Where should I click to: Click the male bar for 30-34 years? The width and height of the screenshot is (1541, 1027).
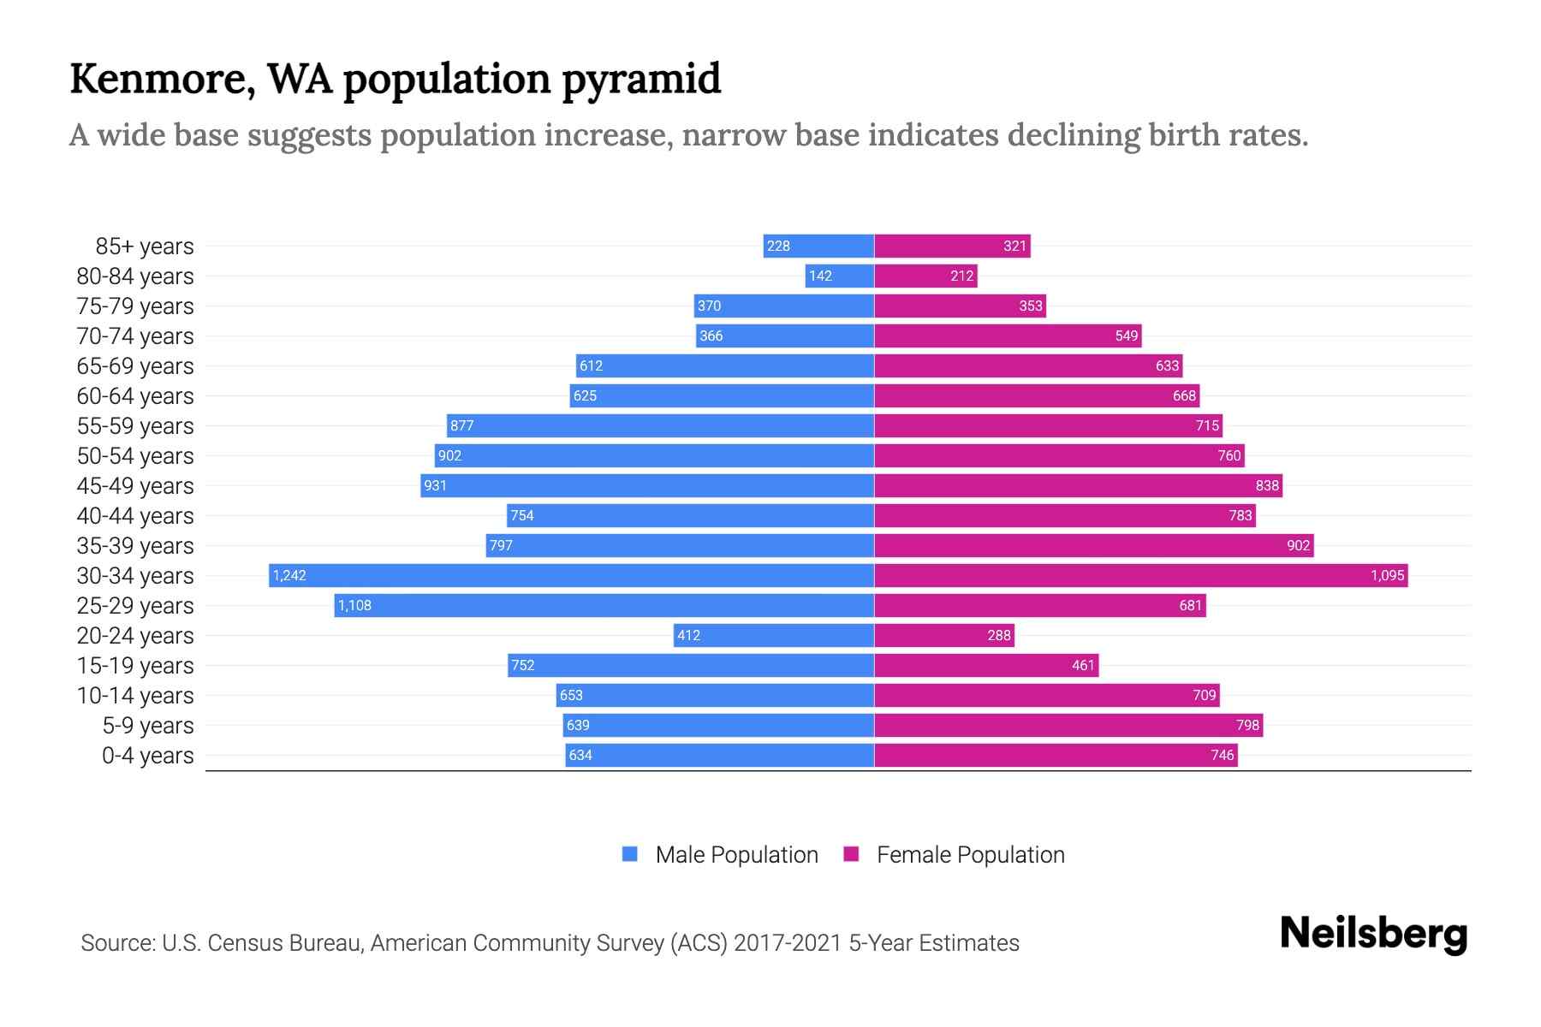571,575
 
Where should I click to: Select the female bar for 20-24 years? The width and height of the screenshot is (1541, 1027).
943,635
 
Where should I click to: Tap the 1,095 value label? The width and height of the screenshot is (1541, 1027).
1387,575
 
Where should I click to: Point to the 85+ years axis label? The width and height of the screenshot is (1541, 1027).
144,246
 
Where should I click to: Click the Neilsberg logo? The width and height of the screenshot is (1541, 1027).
1373,934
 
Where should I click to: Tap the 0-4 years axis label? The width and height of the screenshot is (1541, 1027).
147,756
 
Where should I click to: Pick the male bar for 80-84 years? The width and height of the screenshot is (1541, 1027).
839,276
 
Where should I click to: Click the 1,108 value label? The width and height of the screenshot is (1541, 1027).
354,605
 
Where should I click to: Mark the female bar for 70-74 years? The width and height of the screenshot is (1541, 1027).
1008,335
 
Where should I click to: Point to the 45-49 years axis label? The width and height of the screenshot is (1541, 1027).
135,486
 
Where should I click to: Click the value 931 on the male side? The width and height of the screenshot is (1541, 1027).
435,485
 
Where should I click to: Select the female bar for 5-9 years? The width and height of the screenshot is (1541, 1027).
1068,725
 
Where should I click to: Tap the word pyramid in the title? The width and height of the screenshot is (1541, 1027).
641,79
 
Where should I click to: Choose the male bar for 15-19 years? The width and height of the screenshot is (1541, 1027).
690,665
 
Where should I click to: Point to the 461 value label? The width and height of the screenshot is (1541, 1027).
1083,665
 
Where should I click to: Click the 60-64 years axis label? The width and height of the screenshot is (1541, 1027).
135,396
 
